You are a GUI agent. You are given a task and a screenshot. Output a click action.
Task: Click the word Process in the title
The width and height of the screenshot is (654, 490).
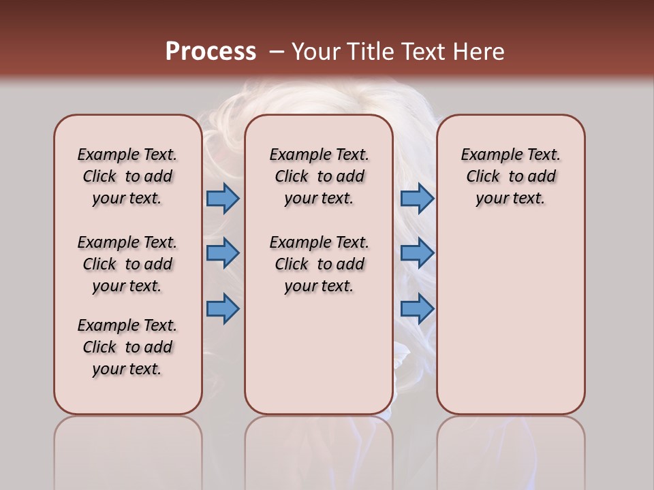pyautogui.click(x=211, y=52)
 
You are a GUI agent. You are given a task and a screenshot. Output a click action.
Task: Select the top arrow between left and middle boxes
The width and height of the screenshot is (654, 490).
pyautogui.click(x=223, y=199)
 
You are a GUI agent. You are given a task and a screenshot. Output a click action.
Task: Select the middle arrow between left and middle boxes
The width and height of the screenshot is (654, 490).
pyautogui.click(x=223, y=253)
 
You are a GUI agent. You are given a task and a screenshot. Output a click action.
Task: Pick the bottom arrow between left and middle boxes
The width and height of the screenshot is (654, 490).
pyautogui.click(x=223, y=308)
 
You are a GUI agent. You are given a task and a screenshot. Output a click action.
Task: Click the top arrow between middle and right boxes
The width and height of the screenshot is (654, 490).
pyautogui.click(x=417, y=199)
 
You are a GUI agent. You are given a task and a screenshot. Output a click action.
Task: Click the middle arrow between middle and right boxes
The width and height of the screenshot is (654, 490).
pyautogui.click(x=417, y=253)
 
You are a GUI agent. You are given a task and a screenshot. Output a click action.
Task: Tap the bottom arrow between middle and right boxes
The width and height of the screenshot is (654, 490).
pyautogui.click(x=417, y=308)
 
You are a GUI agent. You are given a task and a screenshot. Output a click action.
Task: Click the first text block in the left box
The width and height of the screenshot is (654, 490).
pyautogui.click(x=127, y=176)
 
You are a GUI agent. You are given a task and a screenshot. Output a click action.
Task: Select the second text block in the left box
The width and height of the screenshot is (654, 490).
pyautogui.click(x=127, y=264)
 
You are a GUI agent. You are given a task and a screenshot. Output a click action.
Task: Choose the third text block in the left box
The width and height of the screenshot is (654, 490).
pyautogui.click(x=127, y=347)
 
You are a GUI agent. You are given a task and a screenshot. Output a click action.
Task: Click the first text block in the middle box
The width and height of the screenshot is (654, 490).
pyautogui.click(x=319, y=176)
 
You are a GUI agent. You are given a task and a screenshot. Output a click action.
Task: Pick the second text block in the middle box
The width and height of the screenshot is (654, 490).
pyautogui.click(x=319, y=264)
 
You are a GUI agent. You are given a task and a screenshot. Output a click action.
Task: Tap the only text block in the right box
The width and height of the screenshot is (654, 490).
pyautogui.click(x=510, y=176)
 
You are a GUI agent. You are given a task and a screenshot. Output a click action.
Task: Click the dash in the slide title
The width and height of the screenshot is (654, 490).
pyautogui.click(x=275, y=52)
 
